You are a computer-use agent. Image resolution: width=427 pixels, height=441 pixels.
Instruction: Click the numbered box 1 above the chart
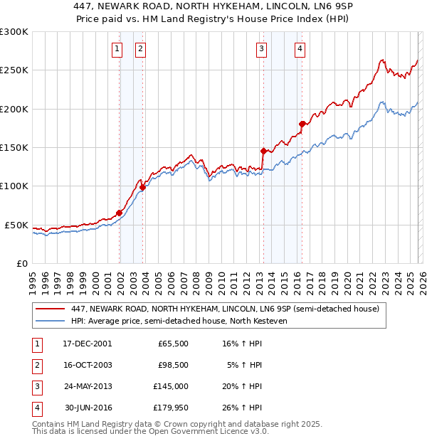[x=117, y=49]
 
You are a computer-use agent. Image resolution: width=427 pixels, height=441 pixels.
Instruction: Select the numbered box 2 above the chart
[x=140, y=49]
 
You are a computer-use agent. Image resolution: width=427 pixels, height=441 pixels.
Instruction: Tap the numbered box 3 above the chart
[x=262, y=49]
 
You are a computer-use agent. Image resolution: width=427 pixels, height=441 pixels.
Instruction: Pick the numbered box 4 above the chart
[x=300, y=49]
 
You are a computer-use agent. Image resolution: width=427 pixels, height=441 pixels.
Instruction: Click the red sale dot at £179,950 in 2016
[x=302, y=124]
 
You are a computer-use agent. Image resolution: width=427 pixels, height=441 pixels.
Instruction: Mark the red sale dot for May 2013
[x=263, y=151]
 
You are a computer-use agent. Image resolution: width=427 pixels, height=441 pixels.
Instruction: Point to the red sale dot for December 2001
[x=119, y=213]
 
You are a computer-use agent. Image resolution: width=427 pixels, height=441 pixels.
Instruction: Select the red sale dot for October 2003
[x=142, y=187]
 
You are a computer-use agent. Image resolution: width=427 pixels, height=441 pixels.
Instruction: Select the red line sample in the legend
[x=50, y=309]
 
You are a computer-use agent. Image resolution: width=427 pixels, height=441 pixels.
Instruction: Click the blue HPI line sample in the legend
[x=50, y=321]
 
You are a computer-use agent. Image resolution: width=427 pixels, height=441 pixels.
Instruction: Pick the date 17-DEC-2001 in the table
[x=88, y=344]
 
